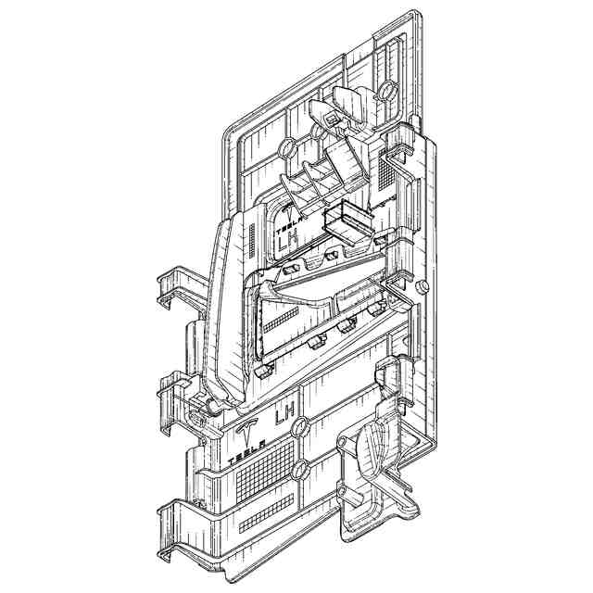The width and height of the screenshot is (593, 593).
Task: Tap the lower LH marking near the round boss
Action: (285, 415)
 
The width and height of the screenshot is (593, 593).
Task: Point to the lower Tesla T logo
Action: (246, 434)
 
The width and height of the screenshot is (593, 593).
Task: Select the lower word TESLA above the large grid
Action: (246, 453)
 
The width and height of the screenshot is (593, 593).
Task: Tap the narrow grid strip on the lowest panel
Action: (267, 513)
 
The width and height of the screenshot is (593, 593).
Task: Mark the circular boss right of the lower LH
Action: (301, 427)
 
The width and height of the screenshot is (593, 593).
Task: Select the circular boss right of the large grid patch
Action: (300, 469)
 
